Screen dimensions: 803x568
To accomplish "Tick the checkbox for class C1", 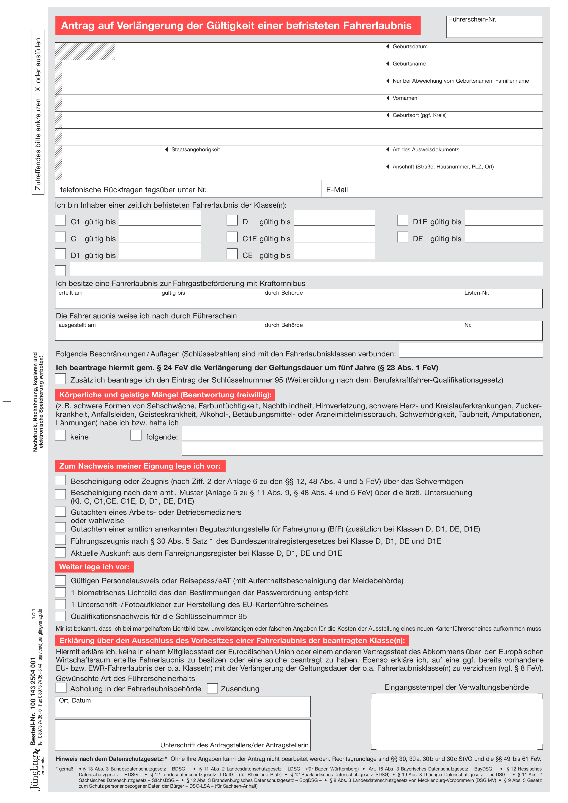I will (x=60, y=220).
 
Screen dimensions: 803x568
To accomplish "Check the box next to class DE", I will (x=402, y=237).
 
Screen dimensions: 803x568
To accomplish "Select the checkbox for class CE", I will (x=232, y=254).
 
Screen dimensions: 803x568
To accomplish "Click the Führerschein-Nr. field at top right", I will (x=494, y=28).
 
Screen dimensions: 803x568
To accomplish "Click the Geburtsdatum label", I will (x=410, y=46).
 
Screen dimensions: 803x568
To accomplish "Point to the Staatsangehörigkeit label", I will (x=195, y=150).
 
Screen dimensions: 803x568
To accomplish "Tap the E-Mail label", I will (x=337, y=190).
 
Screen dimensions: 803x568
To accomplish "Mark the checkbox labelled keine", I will (x=60, y=435).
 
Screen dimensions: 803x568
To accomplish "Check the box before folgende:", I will (x=136, y=435).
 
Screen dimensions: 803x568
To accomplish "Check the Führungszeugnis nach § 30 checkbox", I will (x=60, y=540).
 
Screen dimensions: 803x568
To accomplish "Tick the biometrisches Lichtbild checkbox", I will (x=60, y=592).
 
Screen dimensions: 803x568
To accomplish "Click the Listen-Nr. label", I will (x=476, y=293).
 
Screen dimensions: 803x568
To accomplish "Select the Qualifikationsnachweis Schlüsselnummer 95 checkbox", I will (x=60, y=616).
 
